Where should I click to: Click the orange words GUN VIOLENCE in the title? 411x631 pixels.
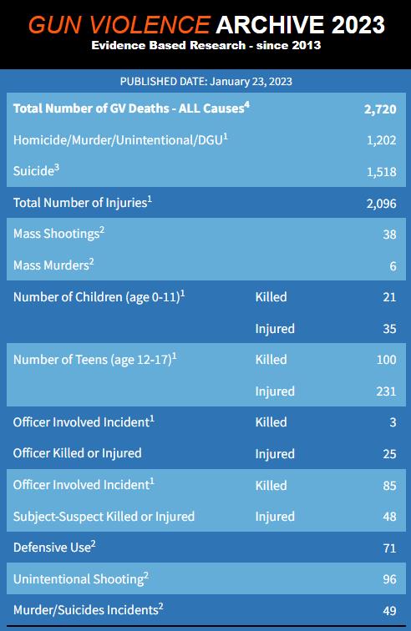coord(119,25)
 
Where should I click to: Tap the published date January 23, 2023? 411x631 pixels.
coord(251,82)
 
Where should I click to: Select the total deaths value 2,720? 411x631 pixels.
coord(380,109)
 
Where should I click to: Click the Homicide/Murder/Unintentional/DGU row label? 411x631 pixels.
coord(120,139)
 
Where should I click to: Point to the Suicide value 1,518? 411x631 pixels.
coord(381,172)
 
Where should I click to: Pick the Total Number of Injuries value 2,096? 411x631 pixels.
coord(381,203)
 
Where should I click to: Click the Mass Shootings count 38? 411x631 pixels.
coord(389,235)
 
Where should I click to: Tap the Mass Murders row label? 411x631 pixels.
coord(53,265)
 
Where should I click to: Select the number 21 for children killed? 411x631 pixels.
coord(389,297)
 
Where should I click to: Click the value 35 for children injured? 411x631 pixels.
coord(389,328)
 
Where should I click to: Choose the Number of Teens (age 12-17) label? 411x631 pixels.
coord(94,360)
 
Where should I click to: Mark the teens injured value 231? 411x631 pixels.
coord(386,391)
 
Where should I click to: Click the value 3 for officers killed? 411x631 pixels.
coord(393,422)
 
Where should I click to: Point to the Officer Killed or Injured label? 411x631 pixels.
coord(78,453)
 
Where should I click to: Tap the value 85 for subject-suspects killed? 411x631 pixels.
coord(389,485)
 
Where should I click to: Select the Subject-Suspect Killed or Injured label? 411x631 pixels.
coord(104,517)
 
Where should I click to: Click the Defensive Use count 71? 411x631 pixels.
coord(389,548)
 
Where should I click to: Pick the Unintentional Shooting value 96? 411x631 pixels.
coord(389,579)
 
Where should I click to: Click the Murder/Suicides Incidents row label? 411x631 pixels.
coord(89,609)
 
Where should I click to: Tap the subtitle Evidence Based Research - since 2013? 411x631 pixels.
coord(205,45)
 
